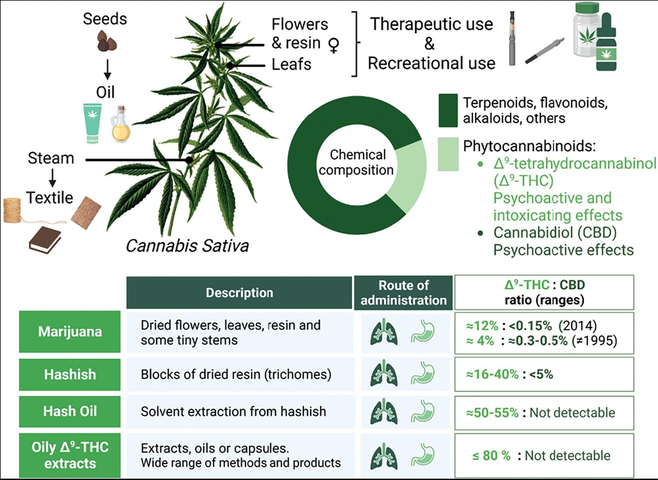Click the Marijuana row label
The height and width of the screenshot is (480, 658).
click(70, 332)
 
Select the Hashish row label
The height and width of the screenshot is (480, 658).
click(70, 375)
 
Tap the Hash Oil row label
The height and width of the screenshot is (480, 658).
click(70, 411)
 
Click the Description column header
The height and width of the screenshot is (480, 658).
click(239, 293)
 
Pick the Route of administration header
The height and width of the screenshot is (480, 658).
click(404, 293)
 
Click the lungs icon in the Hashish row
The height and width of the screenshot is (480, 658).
click(384, 373)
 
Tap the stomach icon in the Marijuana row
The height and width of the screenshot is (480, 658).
click(423, 332)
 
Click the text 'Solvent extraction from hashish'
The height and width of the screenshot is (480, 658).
click(233, 411)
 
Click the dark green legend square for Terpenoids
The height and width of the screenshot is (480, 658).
click(448, 111)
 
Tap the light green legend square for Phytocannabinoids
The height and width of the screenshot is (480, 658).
click(448, 154)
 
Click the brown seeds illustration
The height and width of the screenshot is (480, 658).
click(107, 41)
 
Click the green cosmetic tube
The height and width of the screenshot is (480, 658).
click(92, 123)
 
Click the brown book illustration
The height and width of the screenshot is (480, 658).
click(45, 239)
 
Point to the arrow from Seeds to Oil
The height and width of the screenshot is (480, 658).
click(107, 70)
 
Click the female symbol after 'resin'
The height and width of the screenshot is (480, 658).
click(334, 45)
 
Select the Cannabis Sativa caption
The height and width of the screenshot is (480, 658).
click(187, 246)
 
